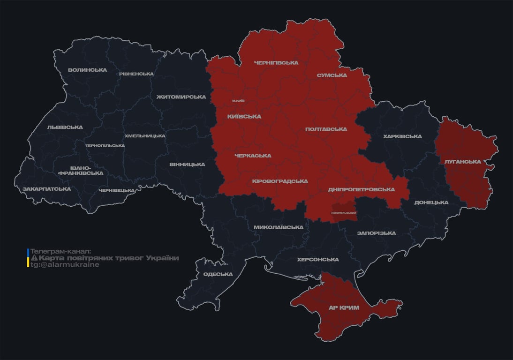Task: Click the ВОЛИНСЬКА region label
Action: click(87, 70)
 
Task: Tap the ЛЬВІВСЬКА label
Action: click(65, 127)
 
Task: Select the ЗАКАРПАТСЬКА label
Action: click(46, 189)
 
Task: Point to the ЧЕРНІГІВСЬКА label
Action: click(276, 62)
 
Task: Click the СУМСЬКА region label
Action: click(332, 75)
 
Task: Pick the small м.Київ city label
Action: click(238, 101)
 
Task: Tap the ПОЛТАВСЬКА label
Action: click(326, 129)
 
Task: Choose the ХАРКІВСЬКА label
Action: click(402, 136)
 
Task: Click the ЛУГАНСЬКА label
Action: click(462, 161)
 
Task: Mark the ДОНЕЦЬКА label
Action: click(431, 202)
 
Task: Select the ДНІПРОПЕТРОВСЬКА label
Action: click(361, 189)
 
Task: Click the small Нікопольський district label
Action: click(343, 213)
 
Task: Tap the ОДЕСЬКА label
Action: click(218, 274)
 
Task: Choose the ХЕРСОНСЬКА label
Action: click(317, 259)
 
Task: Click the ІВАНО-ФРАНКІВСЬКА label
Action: click(81, 170)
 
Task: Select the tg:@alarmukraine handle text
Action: click(65, 265)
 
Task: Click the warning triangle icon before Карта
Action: click(34, 258)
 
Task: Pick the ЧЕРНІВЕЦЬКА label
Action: click(117, 190)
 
